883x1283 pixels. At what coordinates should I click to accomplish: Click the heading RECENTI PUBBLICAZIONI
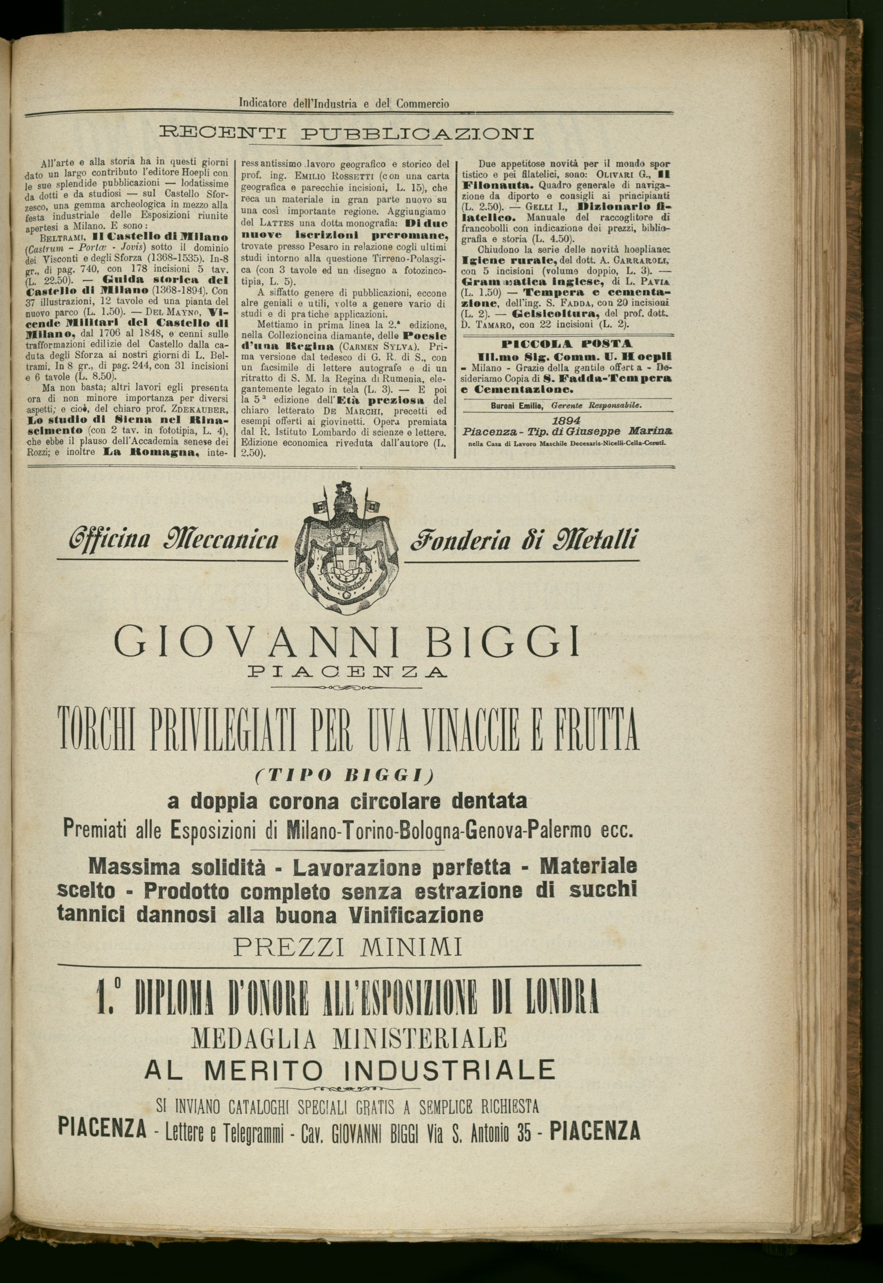pyautogui.click(x=347, y=134)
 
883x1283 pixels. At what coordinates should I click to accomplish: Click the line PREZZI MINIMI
pyautogui.click(x=348, y=948)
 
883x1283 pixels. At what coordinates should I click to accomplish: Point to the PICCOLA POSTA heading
pyautogui.click(x=568, y=344)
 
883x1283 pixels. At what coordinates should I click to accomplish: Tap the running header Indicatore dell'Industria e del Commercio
pyautogui.click(x=344, y=103)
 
